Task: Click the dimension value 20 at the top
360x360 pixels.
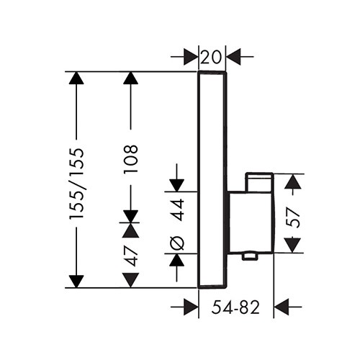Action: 210,58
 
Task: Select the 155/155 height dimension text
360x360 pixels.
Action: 76,184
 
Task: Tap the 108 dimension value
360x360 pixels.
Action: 130,159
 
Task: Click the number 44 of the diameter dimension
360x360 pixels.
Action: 179,210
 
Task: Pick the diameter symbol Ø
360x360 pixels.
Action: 179,243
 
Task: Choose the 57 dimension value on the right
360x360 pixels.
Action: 294,217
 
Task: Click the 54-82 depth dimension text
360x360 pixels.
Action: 235,307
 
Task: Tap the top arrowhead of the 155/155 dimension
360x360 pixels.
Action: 76,78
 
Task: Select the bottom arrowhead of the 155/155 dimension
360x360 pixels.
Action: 76,282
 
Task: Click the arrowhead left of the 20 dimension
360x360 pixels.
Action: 191,57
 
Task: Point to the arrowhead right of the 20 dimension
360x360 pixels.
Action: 233,57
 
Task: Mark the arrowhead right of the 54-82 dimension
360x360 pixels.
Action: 281,307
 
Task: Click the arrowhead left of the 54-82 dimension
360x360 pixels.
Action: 191,307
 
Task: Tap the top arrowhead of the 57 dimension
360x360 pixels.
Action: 293,181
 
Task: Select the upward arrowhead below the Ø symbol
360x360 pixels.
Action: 176,260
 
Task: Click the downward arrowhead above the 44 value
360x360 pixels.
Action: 176,186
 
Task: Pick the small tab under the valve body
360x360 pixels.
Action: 250,256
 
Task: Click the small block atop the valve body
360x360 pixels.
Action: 259,182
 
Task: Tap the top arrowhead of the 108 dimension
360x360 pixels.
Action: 130,78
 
